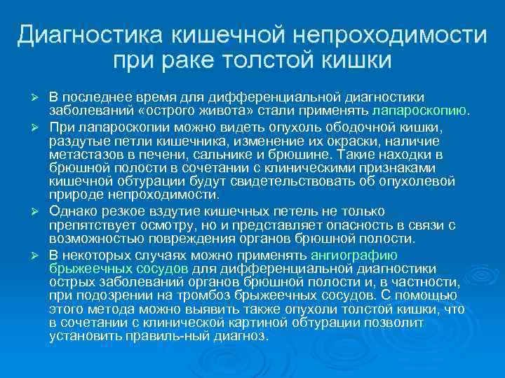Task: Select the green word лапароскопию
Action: coord(424,110)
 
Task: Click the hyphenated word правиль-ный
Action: coord(170,335)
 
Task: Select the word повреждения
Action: coord(189,238)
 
